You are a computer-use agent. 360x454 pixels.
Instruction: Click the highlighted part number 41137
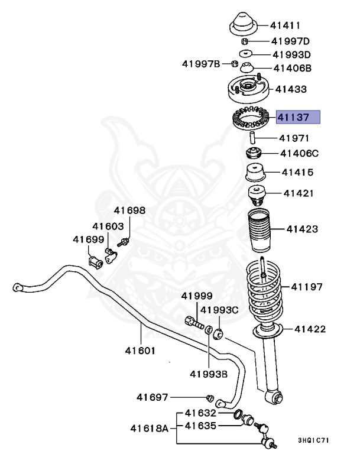coord(295,117)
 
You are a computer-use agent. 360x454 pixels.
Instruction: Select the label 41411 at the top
coord(286,25)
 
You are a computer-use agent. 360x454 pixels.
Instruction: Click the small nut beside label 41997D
coord(244,41)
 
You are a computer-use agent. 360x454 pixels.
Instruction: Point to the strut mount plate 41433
coord(248,90)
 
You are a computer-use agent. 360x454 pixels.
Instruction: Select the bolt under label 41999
coord(193,322)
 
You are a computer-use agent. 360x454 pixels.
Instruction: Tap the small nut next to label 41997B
coord(234,63)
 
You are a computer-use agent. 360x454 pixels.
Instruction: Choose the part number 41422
coord(310,329)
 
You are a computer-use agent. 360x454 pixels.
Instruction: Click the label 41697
coord(153,397)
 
